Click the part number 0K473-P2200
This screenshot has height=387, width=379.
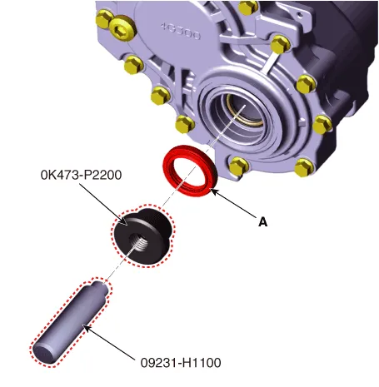(x=81, y=175)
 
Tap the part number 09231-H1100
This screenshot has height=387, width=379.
(x=181, y=363)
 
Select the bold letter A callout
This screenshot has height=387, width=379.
(x=262, y=222)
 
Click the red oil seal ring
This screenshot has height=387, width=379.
(x=190, y=171)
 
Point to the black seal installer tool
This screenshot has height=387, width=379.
(x=142, y=236)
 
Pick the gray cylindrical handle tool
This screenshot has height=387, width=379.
(x=70, y=322)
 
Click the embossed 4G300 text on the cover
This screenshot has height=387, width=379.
(x=181, y=31)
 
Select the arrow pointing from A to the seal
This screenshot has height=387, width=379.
(x=234, y=203)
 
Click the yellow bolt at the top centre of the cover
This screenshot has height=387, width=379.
(x=248, y=7)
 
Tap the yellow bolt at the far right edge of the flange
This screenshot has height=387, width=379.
(x=322, y=125)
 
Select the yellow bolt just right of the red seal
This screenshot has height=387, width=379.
(x=239, y=166)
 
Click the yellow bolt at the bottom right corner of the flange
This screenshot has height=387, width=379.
(x=304, y=167)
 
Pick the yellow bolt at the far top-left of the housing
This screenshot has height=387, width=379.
(x=103, y=20)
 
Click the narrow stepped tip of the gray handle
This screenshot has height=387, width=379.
(x=101, y=287)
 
